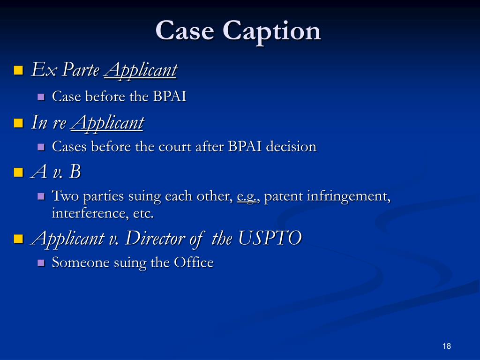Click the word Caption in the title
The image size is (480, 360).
[271, 31]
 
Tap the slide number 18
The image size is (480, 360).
[446, 346]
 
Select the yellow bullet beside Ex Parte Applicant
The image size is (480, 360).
[18, 71]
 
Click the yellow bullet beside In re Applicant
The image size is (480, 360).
[18, 124]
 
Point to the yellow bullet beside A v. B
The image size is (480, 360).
[18, 172]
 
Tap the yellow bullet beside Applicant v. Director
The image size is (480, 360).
[18, 240]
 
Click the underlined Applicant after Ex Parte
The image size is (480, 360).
[141, 70]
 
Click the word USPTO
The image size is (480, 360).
[270, 239]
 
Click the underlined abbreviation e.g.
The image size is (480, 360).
[247, 197]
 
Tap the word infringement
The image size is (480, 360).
[349, 197]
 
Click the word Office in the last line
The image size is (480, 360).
[194, 262]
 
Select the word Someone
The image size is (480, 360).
[81, 262]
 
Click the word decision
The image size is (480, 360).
[291, 147]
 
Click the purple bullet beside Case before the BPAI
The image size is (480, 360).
[41, 97]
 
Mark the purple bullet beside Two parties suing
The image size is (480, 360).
[41, 197]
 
